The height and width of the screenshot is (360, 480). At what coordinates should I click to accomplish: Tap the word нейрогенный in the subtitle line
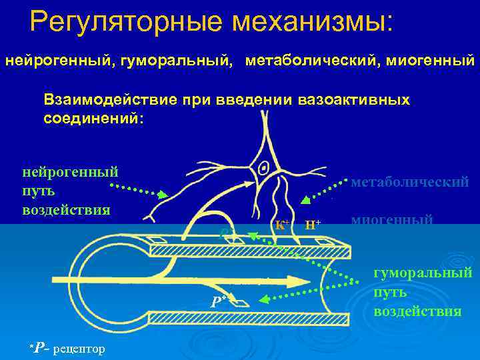pyautogui.click(x=53, y=61)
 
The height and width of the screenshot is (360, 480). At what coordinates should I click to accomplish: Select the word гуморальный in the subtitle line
pyautogui.click(x=171, y=61)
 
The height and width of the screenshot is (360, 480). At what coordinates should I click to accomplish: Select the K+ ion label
pyautogui.click(x=281, y=223)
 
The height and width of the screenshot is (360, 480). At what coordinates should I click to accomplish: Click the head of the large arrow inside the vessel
pyautogui.click(x=307, y=280)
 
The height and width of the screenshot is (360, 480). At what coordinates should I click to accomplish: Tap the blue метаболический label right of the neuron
pyautogui.click(x=409, y=182)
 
